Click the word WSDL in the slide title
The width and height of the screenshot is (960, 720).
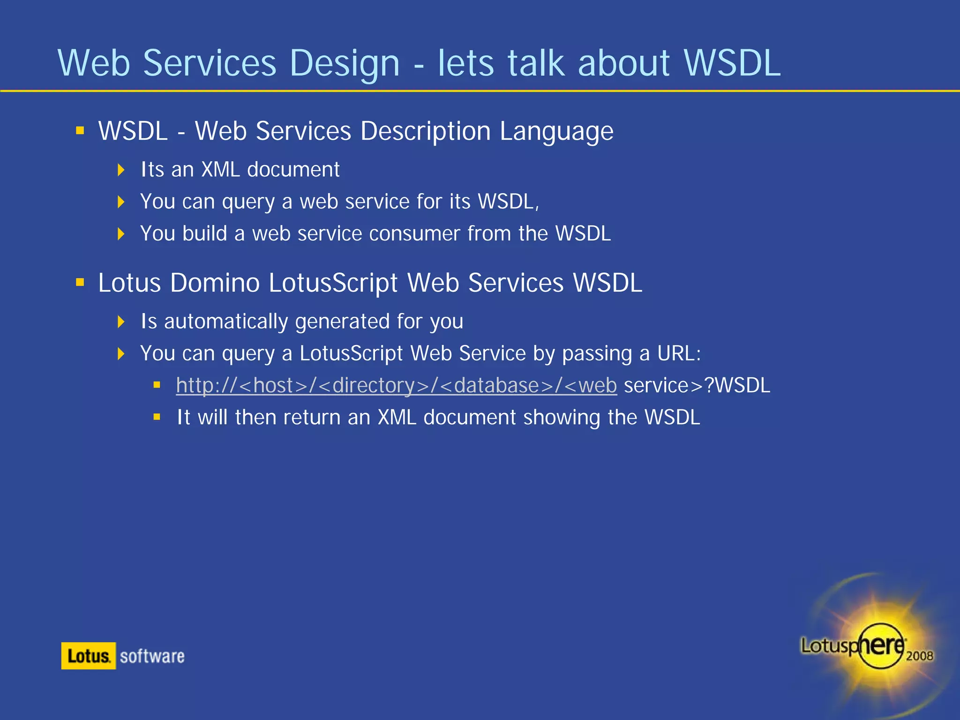point(732,63)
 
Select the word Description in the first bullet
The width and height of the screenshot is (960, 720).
point(426,131)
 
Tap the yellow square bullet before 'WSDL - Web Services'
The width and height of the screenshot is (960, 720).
point(80,130)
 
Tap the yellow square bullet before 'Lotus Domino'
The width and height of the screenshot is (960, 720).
point(80,282)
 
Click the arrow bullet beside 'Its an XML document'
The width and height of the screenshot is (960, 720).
point(121,170)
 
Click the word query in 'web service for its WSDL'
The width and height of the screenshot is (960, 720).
point(248,202)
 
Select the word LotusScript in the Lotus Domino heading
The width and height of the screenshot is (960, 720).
point(333,283)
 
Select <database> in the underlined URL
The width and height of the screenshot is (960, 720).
point(497,385)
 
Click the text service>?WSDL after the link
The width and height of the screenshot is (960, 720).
point(697,385)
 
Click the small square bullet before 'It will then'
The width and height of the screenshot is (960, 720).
point(157,416)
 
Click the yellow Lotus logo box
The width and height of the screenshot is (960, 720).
point(88,656)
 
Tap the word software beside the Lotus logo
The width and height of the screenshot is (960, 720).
point(152,656)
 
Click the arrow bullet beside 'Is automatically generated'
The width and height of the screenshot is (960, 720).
point(121,322)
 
